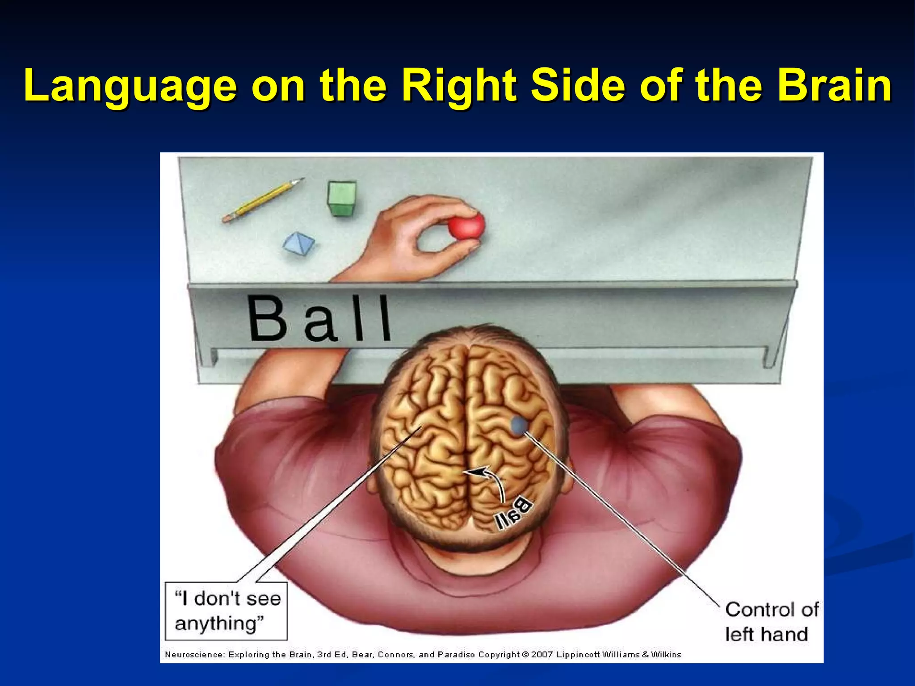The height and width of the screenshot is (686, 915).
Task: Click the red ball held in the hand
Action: (x=466, y=226)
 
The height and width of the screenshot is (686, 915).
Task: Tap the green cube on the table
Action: (x=342, y=198)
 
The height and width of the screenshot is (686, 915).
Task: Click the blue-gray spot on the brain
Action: (x=519, y=425)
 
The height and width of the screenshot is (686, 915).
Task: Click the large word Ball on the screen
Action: (x=319, y=318)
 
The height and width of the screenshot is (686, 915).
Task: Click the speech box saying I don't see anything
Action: (x=226, y=611)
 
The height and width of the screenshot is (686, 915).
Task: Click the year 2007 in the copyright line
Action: (x=542, y=655)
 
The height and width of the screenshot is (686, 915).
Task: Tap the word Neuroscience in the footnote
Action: (x=195, y=655)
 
